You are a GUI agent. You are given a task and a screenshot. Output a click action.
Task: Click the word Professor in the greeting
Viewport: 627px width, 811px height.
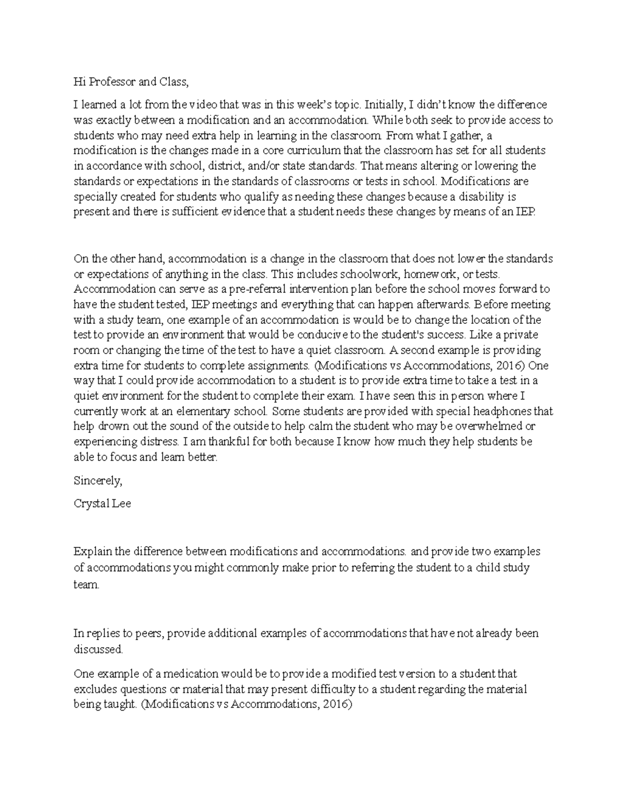[111, 81]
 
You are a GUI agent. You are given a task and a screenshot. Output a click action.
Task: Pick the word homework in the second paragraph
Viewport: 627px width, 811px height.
[430, 274]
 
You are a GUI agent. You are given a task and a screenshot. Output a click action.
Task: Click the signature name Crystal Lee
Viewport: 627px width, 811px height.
[102, 504]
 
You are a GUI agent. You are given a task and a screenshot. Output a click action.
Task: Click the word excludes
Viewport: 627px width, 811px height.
[93, 689]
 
